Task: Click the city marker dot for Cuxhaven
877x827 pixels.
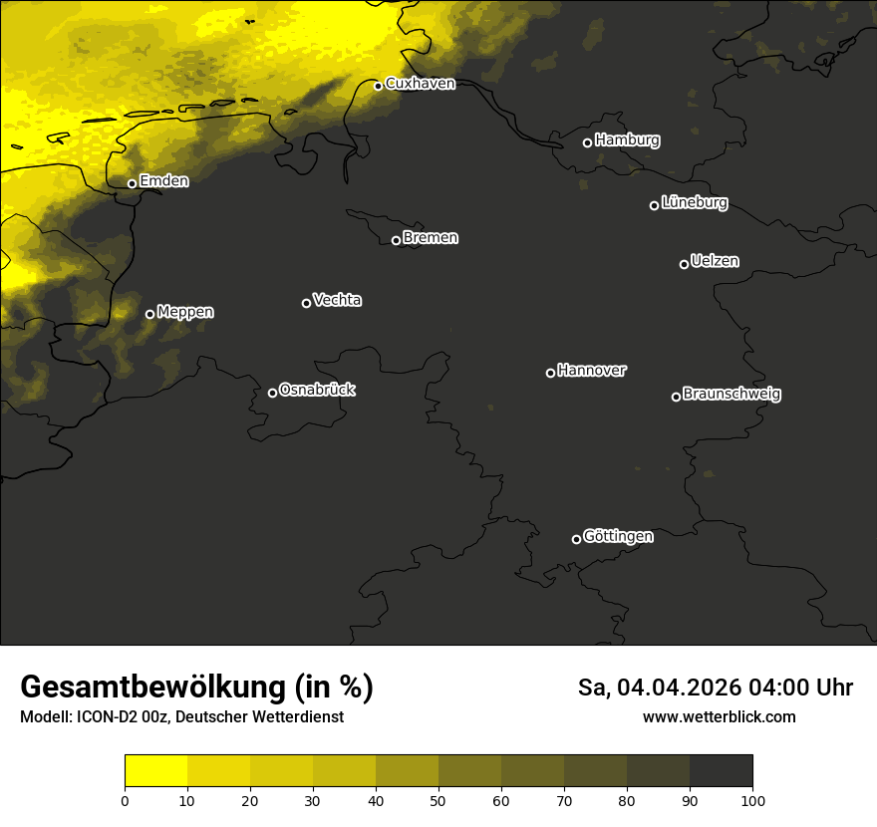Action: [378, 86]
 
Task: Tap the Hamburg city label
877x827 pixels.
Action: [627, 140]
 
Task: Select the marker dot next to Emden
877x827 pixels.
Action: [132, 183]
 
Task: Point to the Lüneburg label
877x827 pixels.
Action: [694, 203]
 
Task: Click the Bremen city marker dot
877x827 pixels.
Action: [396, 240]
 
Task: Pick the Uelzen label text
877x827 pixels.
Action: [715, 261]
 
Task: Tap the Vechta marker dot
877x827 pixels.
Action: [306, 303]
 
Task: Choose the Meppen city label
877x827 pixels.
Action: [185, 313]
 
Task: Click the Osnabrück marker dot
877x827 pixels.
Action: [272, 393]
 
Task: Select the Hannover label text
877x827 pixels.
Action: [592, 371]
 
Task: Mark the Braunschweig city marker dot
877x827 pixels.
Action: [676, 397]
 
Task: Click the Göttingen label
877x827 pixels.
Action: [618, 537]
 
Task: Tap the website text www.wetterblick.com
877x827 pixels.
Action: [719, 716]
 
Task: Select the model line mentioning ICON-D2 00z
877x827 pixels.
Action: [181, 717]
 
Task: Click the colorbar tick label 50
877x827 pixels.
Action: [438, 800]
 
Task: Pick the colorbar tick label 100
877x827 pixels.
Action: [752, 800]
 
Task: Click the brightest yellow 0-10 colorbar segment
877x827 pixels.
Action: [155, 771]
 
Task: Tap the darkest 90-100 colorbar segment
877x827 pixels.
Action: [721, 771]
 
